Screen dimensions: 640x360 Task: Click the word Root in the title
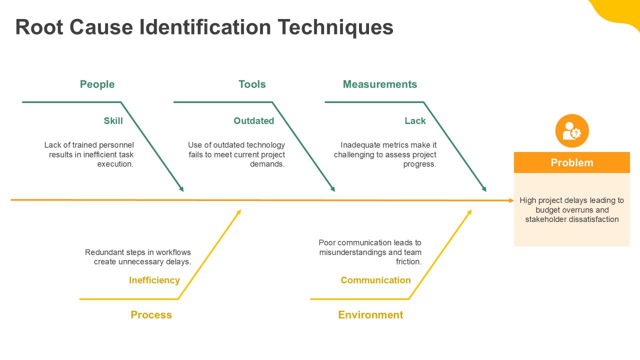pyautogui.click(x=39, y=27)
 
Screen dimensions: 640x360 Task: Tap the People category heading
pyautogui.click(x=97, y=84)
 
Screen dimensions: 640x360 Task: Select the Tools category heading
pyautogui.click(x=252, y=84)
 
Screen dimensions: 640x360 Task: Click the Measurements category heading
pyautogui.click(x=379, y=84)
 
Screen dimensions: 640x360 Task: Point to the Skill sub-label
pyautogui.click(x=113, y=121)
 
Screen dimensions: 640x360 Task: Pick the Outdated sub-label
pyautogui.click(x=253, y=121)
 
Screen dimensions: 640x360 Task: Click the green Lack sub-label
pyautogui.click(x=415, y=121)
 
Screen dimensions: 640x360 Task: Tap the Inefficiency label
pyautogui.click(x=154, y=280)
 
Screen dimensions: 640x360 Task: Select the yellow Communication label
pyautogui.click(x=375, y=280)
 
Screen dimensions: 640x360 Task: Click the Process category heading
pyautogui.click(x=151, y=315)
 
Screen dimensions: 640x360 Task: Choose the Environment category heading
pyautogui.click(x=370, y=315)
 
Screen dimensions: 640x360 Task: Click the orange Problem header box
pyautogui.click(x=571, y=162)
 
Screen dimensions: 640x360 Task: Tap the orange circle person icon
pyautogui.click(x=572, y=131)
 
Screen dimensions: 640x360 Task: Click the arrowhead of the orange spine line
pyautogui.click(x=511, y=200)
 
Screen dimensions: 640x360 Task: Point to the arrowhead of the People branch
pyautogui.click(x=181, y=189)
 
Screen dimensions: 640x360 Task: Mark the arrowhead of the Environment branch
pyautogui.click(x=469, y=212)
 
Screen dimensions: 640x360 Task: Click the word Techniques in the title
pyautogui.click(x=335, y=28)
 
